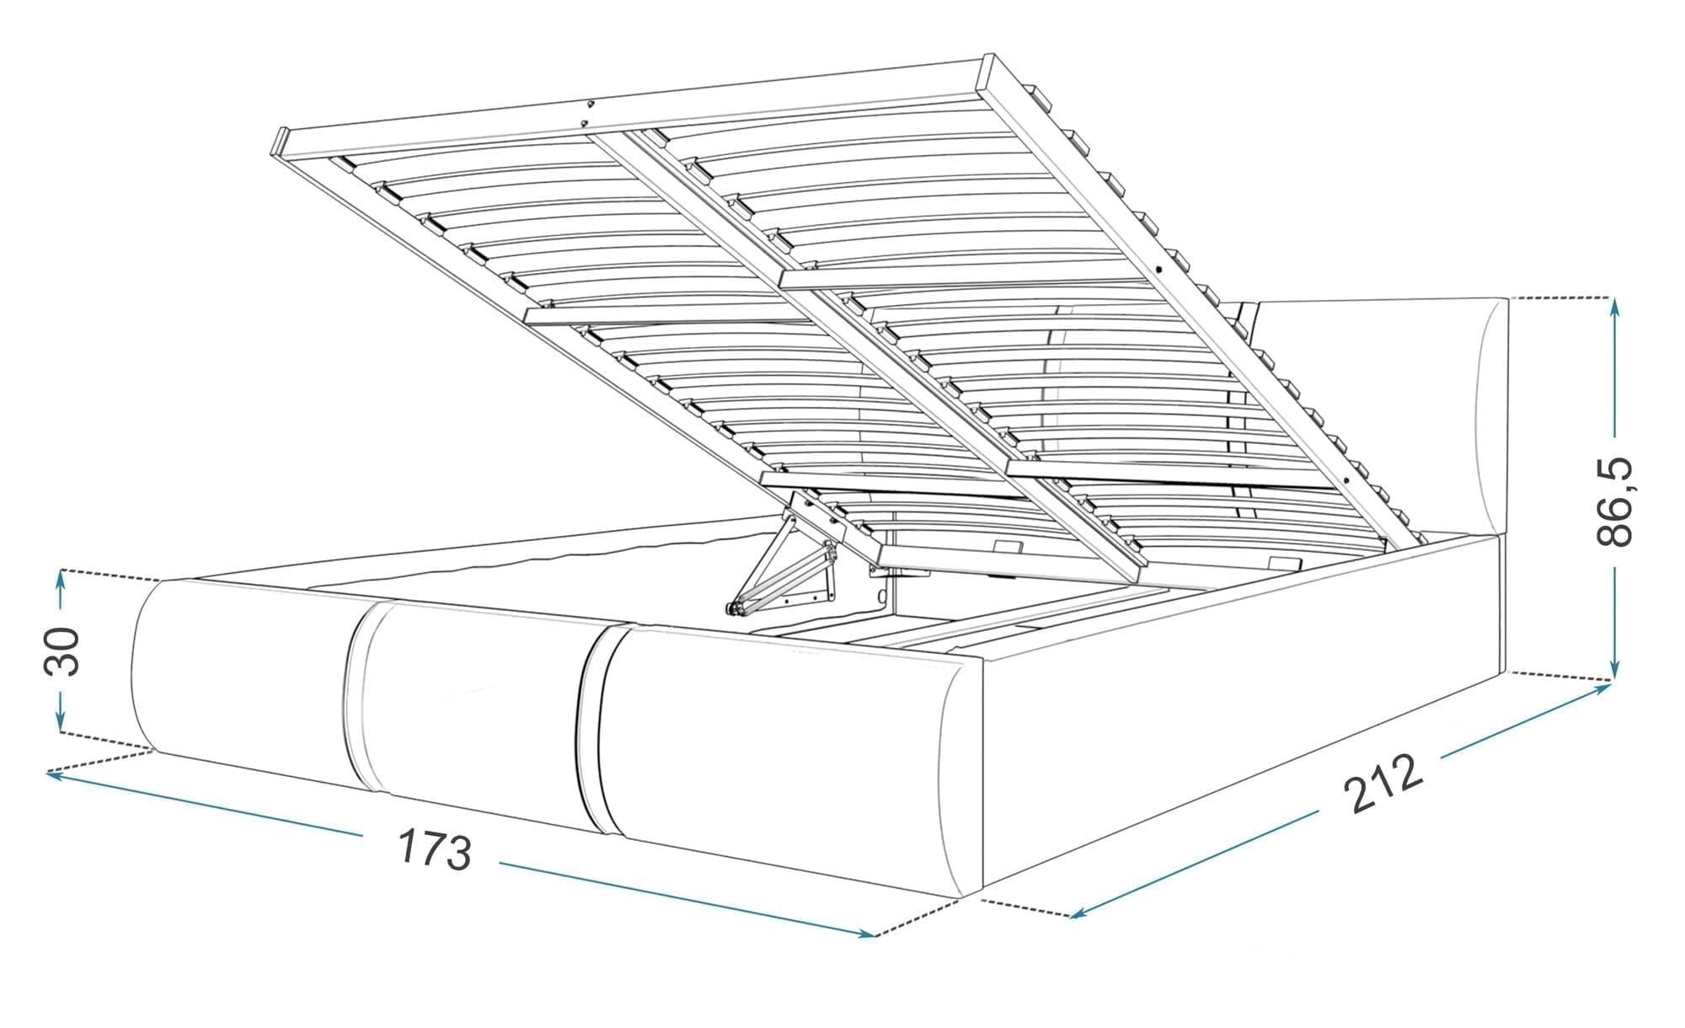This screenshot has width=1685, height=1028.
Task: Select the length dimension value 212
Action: pos(1383,784)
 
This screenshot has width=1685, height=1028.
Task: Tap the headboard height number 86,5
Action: pos(1613,502)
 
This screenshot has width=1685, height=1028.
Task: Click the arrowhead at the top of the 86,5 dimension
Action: pos(1614,307)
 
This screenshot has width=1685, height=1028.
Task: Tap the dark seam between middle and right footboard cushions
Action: pos(594,729)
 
